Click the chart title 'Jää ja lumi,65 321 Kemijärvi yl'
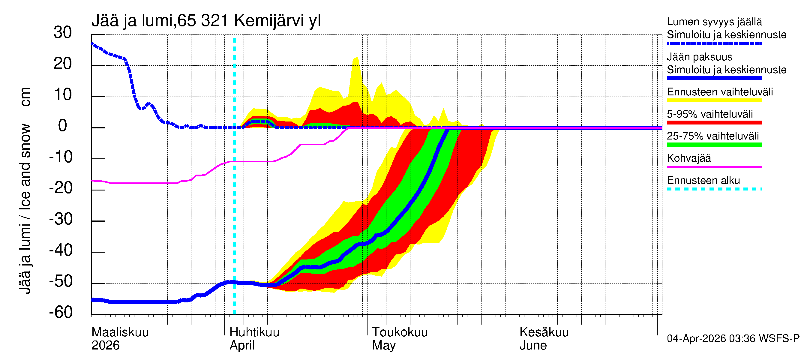[x=206, y=21]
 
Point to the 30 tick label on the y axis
[x=63, y=32]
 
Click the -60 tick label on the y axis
[x=61, y=312]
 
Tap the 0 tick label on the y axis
[x=63, y=126]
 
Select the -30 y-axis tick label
[x=61, y=219]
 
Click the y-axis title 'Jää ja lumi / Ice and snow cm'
[x=25, y=190]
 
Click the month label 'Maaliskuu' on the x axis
[x=120, y=332]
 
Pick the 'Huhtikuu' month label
[x=254, y=332]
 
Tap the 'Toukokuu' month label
[x=400, y=332]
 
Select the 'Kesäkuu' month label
[x=544, y=332]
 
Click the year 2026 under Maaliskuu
[x=105, y=346]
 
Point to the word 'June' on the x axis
[x=533, y=346]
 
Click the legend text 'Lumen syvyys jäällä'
[x=714, y=22]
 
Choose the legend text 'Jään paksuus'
[x=700, y=57]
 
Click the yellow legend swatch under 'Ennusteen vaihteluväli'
[x=714, y=100]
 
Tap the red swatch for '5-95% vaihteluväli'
[x=714, y=123]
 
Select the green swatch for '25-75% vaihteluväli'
[x=714, y=145]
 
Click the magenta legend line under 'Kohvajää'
[x=714, y=166]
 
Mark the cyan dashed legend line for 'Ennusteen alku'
[x=714, y=189]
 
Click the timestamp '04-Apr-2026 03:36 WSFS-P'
[x=733, y=339]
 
